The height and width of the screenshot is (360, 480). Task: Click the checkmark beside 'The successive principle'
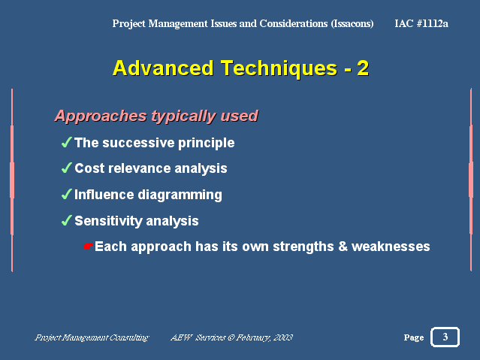click(x=67, y=142)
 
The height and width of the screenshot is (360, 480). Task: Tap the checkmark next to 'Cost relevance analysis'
click(x=67, y=168)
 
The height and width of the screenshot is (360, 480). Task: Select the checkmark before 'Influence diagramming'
click(x=67, y=194)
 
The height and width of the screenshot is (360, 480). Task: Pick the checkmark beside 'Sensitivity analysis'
click(x=67, y=220)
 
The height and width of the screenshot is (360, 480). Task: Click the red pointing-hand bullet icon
click(x=88, y=247)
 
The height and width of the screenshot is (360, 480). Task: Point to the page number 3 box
click(x=445, y=337)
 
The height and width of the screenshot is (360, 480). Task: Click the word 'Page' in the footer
click(x=414, y=337)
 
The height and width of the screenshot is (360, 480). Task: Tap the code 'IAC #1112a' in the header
click(x=421, y=23)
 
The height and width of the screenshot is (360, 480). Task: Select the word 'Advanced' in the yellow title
click(x=163, y=68)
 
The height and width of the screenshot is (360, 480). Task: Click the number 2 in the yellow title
click(x=363, y=68)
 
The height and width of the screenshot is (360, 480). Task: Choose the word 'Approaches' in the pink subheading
click(x=101, y=116)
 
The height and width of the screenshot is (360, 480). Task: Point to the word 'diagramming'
click(x=180, y=195)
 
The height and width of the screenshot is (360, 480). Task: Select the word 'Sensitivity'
click(x=107, y=221)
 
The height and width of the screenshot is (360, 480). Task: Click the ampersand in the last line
click(x=343, y=247)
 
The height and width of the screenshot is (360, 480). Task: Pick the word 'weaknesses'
click(x=391, y=247)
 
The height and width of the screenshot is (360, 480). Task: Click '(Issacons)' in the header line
click(x=352, y=23)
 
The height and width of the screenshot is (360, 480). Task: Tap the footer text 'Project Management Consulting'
click(x=92, y=337)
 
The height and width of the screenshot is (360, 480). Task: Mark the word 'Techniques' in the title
click(x=279, y=68)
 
